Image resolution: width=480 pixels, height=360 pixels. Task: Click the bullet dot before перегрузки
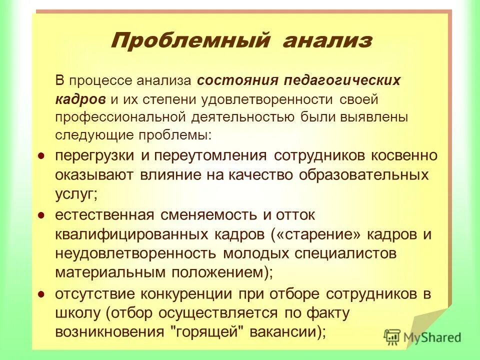(x=42, y=155)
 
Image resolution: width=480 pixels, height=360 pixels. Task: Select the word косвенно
(x=404, y=155)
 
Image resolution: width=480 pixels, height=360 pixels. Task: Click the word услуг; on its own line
(x=76, y=194)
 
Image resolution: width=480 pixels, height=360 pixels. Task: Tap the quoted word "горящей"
(x=205, y=331)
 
